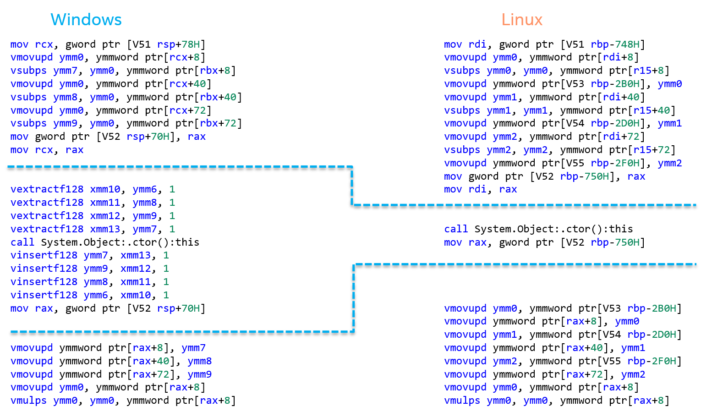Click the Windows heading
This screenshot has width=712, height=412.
pyautogui.click(x=86, y=20)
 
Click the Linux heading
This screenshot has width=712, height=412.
pyautogui.click(x=522, y=20)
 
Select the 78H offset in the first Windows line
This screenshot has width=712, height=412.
pyautogui.click(x=191, y=44)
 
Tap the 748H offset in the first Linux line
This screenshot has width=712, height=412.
pyautogui.click(x=627, y=44)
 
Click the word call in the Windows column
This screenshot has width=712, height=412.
pyautogui.click(x=22, y=242)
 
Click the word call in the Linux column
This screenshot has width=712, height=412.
pyautogui.click(x=456, y=229)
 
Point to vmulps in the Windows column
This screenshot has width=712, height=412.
pyautogui.click(x=28, y=401)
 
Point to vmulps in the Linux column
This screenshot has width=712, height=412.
pyautogui.click(x=462, y=401)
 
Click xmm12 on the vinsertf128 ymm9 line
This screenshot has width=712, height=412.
pyautogui.click(x=136, y=269)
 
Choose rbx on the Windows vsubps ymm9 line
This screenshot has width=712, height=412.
pyautogui.click(x=209, y=123)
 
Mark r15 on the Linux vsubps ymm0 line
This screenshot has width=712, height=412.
pyautogui.click(x=642, y=71)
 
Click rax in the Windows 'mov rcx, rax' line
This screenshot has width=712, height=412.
pyautogui.click(x=74, y=150)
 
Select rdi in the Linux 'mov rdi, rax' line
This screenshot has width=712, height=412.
pyautogui.click(x=477, y=189)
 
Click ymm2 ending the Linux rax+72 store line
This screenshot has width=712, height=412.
pyautogui.click(x=633, y=374)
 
